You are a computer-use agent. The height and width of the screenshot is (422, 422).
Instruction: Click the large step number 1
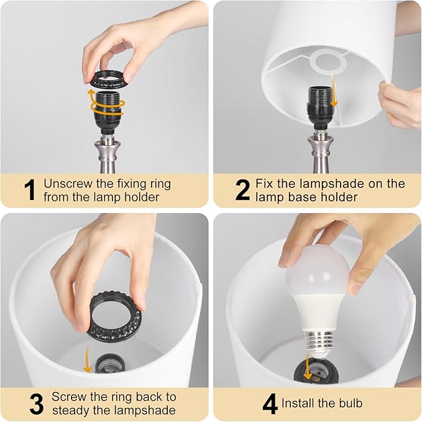[x=28, y=191]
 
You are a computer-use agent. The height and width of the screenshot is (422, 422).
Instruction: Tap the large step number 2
[x=242, y=191]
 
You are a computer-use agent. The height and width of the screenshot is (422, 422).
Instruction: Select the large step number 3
[x=37, y=403]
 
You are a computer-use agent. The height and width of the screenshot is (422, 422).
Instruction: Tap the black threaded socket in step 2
[x=315, y=103]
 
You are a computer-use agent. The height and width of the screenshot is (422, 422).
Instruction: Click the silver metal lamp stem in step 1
[x=106, y=152]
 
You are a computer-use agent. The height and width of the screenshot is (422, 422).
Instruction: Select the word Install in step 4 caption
[x=300, y=403]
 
